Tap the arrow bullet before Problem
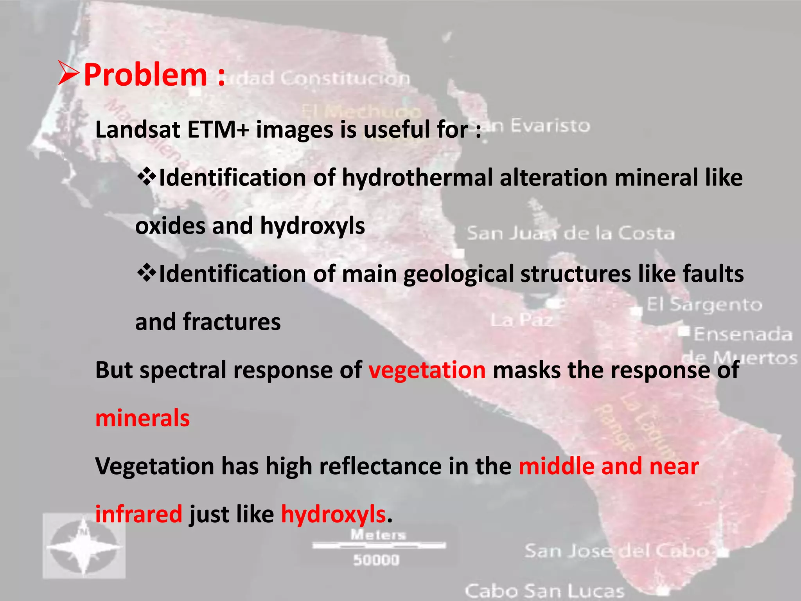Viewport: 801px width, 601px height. pos(69,73)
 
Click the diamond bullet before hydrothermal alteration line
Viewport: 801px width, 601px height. pos(146,176)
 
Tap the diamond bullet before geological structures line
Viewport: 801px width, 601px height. pos(146,273)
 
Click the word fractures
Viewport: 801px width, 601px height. pos(232,322)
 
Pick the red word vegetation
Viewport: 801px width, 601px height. pos(427,371)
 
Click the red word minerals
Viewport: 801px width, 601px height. pos(143,418)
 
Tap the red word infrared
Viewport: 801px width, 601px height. pos(139,514)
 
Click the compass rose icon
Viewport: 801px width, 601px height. pos(84,546)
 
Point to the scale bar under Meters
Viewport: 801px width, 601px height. pos(379,545)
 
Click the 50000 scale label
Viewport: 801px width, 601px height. pos(376,560)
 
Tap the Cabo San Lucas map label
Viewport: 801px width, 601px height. pos(544,591)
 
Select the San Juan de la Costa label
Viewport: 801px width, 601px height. pos(571,234)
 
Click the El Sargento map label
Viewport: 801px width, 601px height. pos(704,305)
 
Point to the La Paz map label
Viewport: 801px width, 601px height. pos(522,320)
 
